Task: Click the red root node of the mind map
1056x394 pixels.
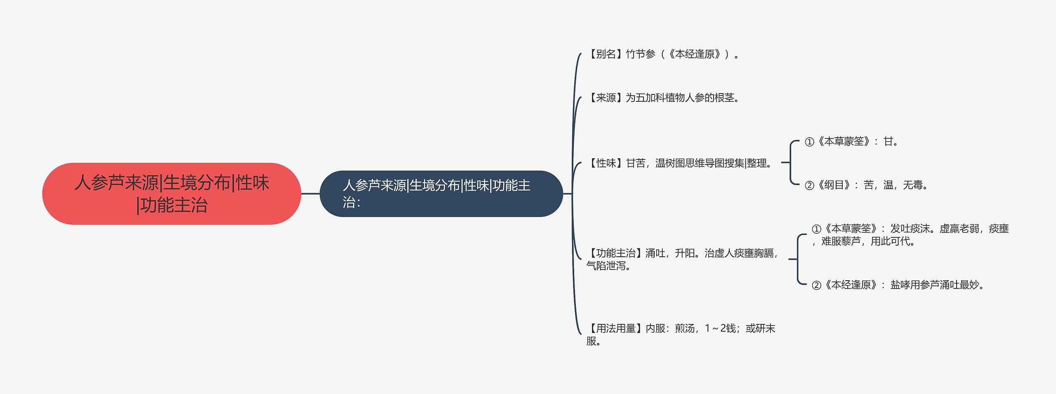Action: (172, 194)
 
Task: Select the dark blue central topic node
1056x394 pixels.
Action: (441, 194)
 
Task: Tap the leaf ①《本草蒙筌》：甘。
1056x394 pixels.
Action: (851, 142)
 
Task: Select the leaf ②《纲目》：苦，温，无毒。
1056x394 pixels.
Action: (866, 185)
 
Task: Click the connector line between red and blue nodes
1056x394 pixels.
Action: (310, 193)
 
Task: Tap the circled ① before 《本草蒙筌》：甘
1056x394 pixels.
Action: (809, 142)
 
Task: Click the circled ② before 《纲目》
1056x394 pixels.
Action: (809, 186)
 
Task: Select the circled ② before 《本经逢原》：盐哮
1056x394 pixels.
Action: (816, 286)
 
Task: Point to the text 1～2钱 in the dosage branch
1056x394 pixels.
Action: (720, 328)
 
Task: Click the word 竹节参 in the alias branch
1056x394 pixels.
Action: (641, 54)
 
